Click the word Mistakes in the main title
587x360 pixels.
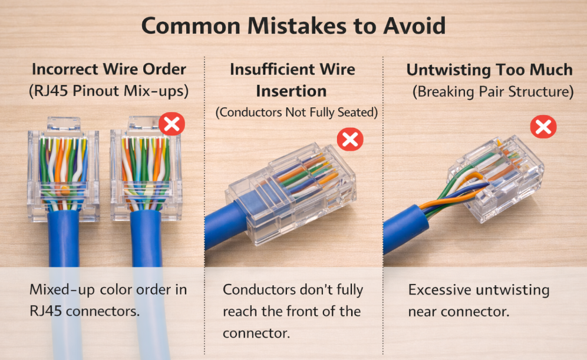tap(283, 26)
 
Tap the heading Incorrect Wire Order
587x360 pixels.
tap(108, 69)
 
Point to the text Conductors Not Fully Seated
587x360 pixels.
tap(296, 112)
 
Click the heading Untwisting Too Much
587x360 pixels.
tap(489, 70)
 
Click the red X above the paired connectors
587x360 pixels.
tap(172, 124)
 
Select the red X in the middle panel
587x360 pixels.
tap(349, 139)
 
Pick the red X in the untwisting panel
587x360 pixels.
tap(543, 127)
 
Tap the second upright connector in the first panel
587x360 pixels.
tap(145, 168)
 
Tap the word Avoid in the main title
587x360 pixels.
tap(412, 26)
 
